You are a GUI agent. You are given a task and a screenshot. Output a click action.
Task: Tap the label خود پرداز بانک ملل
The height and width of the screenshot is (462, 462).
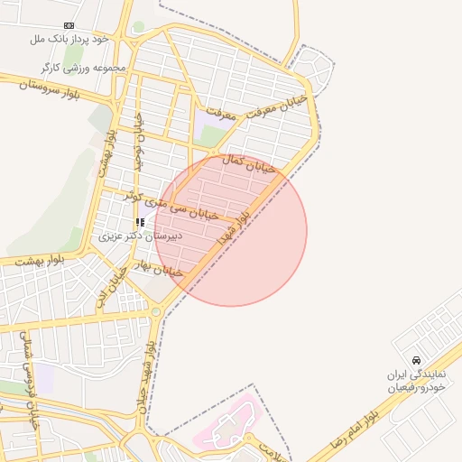tap(69, 39)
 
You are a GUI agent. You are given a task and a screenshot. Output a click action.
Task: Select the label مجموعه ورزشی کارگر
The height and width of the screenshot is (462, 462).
tap(76, 68)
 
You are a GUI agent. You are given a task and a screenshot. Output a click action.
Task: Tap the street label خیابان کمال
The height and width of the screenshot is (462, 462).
tap(248, 163)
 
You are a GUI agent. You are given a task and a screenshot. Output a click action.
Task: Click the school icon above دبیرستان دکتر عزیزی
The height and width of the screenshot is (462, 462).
tap(139, 221)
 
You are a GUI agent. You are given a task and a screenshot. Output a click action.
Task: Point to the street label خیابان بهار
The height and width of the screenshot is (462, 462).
tap(159, 268)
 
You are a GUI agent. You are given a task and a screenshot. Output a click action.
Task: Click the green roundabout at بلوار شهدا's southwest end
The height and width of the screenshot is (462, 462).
tap(157, 312)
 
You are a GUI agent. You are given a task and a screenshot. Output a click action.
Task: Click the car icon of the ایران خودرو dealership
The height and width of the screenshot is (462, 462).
tap(416, 359)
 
